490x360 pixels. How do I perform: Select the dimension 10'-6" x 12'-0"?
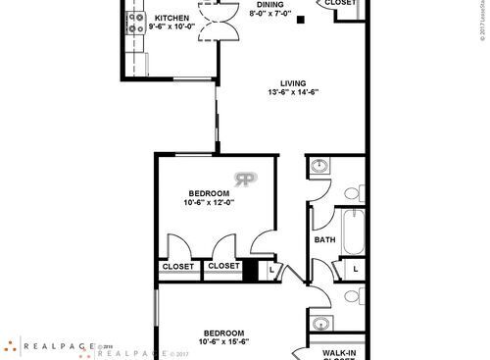[208, 203]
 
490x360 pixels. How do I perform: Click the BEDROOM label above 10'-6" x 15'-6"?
[223, 332]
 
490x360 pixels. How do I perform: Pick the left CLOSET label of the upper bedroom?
[177, 266]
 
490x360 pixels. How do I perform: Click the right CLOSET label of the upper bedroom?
[224, 266]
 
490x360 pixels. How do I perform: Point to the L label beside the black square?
[271, 268]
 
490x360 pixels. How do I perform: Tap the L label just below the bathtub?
[355, 268]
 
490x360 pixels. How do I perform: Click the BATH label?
[324, 238]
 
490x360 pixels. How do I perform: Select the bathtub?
[355, 228]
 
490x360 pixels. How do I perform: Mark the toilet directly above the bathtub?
[357, 191]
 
